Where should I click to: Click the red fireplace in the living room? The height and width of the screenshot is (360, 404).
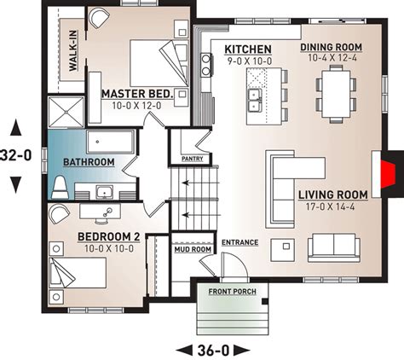pyautogui.click(x=388, y=174)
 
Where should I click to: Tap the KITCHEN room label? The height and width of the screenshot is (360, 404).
pyautogui.click(x=248, y=49)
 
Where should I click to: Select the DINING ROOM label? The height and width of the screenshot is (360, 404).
pyautogui.click(x=332, y=47)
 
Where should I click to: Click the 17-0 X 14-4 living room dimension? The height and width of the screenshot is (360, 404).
pyautogui.click(x=330, y=206)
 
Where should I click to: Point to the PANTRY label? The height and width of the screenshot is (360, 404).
pyautogui.click(x=193, y=159)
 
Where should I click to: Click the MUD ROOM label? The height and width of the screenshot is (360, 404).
pyautogui.click(x=193, y=249)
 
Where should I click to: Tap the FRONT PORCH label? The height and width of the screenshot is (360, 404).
pyautogui.click(x=233, y=292)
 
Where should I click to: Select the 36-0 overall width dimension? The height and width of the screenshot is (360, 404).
pyautogui.click(x=213, y=351)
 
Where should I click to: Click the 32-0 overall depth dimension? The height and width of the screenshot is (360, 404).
pyautogui.click(x=15, y=155)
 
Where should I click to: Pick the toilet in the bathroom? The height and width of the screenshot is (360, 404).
pyautogui.click(x=60, y=188)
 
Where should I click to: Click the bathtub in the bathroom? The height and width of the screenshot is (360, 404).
pyautogui.click(x=110, y=142)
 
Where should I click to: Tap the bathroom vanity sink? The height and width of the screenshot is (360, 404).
pyautogui.click(x=104, y=192)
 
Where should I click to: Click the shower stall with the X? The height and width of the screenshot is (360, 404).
pyautogui.click(x=66, y=112)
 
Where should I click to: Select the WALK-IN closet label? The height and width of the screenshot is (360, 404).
pyautogui.click(x=73, y=50)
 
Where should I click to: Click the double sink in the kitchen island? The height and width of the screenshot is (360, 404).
pyautogui.click(x=254, y=100)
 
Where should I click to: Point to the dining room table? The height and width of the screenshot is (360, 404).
pyautogui.click(x=336, y=94)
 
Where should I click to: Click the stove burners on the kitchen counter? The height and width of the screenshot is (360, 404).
pyautogui.click(x=206, y=65)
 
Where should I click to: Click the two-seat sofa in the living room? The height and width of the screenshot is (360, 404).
pyautogui.click(x=334, y=248)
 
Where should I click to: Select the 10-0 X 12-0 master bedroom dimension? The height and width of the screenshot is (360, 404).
pyautogui.click(x=136, y=106)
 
